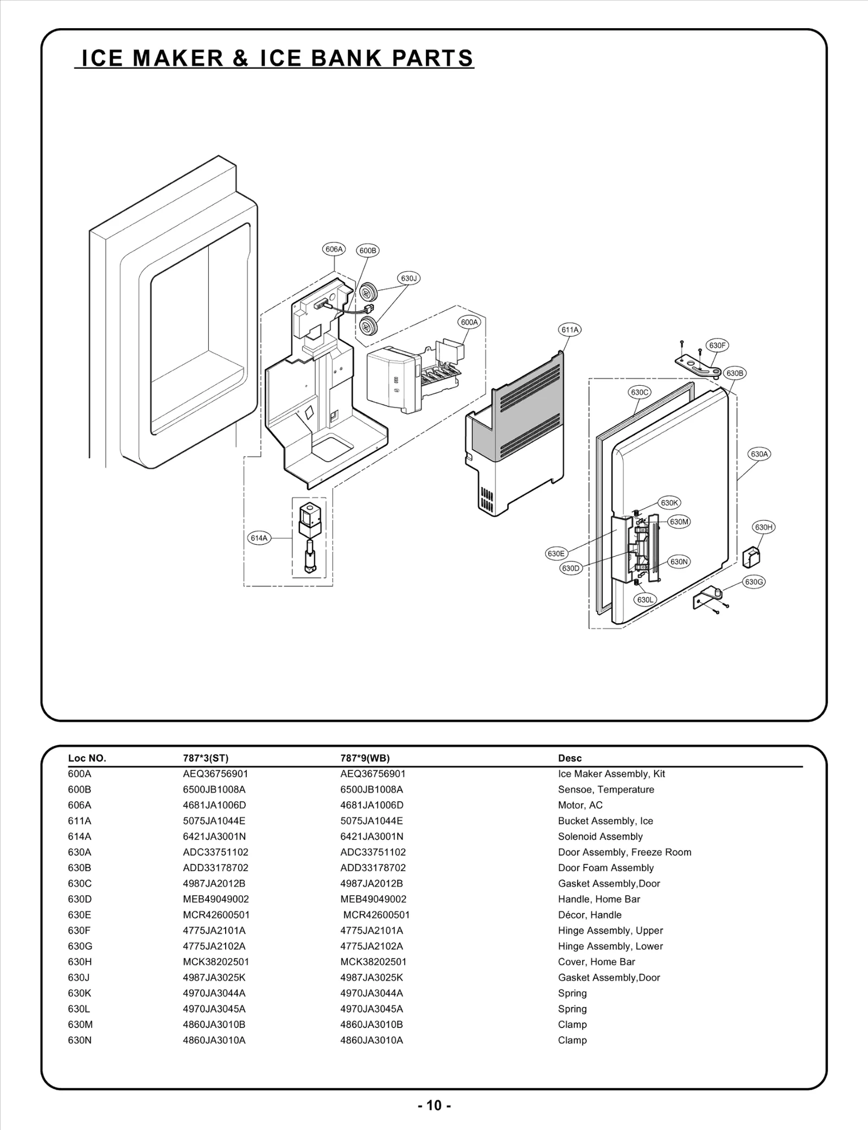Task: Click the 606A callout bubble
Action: tap(334, 250)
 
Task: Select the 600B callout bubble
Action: tap(368, 251)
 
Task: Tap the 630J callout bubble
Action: tap(409, 278)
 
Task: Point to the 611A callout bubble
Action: tap(570, 329)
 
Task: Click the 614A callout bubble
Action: tap(259, 538)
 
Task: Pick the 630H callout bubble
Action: tap(764, 527)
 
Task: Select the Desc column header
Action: tap(570, 758)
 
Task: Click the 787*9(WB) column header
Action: tap(365, 758)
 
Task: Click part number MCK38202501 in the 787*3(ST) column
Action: tap(216, 962)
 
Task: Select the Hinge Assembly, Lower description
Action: tap(610, 946)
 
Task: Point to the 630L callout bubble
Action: tap(646, 600)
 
